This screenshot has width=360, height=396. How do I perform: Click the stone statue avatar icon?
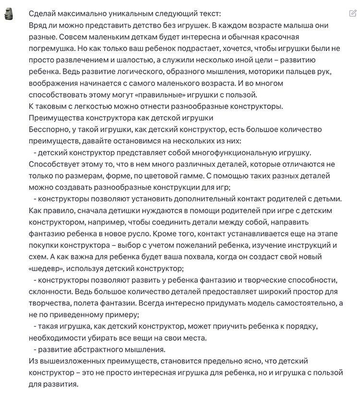8,14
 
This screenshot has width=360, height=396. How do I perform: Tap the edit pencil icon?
353,13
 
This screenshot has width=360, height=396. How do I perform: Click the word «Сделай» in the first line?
42,13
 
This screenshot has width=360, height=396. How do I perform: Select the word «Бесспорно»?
48,129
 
